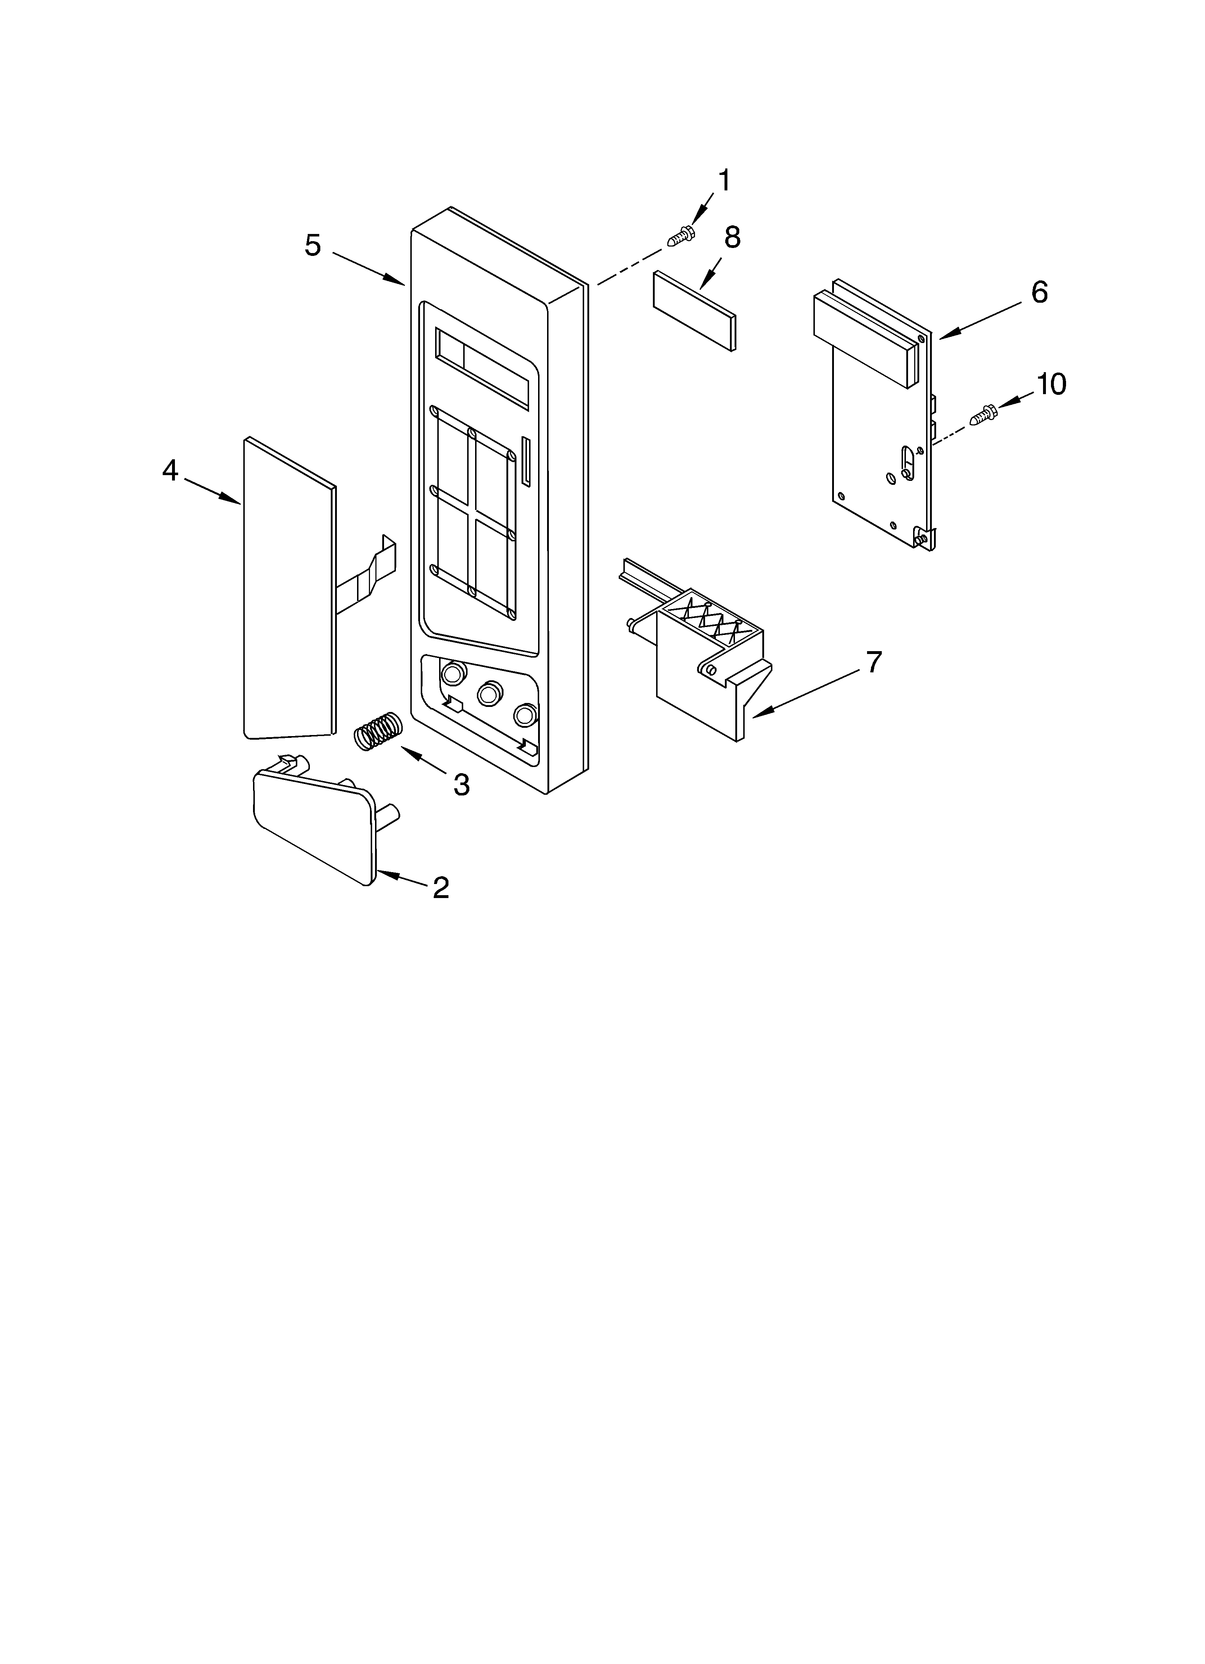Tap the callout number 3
(x=461, y=785)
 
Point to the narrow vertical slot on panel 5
(x=525, y=461)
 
